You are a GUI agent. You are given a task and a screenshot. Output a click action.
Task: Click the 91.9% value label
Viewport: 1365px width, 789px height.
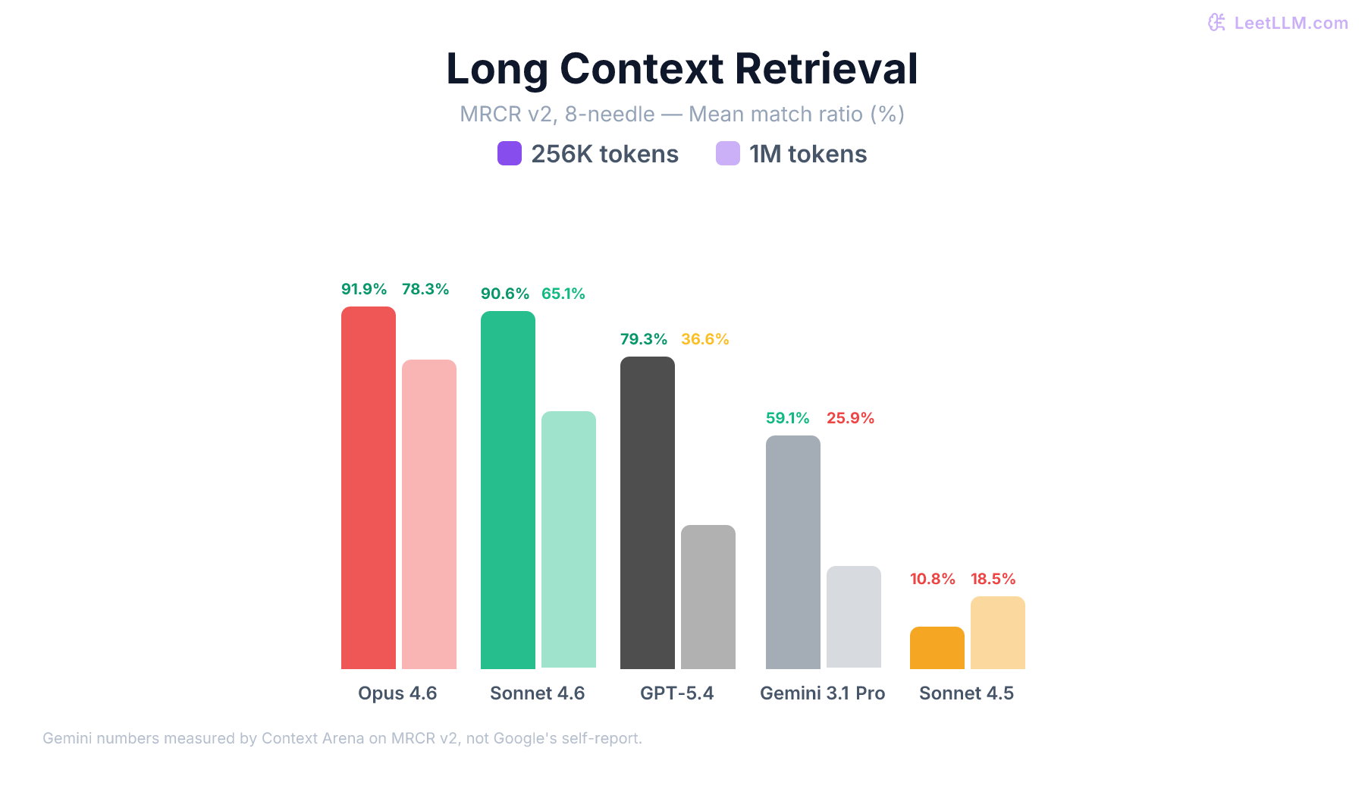[364, 289]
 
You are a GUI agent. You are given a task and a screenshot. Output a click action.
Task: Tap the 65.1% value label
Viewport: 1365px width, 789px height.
[563, 294]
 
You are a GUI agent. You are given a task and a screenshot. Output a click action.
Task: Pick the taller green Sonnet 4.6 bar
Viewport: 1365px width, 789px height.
[508, 490]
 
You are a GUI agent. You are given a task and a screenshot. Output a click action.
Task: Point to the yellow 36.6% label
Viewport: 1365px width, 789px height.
[704, 339]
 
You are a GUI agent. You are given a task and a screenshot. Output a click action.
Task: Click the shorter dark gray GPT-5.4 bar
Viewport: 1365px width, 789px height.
[708, 597]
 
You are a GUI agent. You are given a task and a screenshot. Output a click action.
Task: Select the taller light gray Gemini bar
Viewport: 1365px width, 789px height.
[793, 552]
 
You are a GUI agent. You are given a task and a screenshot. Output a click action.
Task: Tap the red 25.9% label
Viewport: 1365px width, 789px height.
[850, 418]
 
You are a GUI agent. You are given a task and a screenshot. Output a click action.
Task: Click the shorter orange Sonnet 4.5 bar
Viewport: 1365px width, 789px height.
[937, 648]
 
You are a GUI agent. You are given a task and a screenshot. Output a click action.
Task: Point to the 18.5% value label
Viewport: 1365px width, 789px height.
[993, 579]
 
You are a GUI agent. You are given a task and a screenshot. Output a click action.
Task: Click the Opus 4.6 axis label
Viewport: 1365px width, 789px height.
[397, 693]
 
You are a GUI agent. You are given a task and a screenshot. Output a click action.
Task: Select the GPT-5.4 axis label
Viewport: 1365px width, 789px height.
[676, 693]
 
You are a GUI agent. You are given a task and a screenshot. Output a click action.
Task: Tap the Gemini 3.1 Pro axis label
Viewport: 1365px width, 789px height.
[822, 693]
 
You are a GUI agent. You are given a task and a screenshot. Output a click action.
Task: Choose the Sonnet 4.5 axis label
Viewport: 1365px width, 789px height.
[966, 693]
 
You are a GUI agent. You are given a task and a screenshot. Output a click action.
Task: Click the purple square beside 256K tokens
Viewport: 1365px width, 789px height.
[510, 153]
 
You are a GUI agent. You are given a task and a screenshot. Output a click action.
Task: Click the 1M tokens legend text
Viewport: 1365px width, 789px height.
[808, 154]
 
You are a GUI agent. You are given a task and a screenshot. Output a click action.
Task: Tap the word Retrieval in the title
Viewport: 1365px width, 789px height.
[826, 68]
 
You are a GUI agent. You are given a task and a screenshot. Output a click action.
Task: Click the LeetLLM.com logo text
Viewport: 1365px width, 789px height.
[1291, 23]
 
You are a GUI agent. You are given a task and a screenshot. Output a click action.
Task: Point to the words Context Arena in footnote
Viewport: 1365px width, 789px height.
[312, 738]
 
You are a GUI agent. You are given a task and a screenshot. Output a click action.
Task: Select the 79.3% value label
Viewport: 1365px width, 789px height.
[643, 339]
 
